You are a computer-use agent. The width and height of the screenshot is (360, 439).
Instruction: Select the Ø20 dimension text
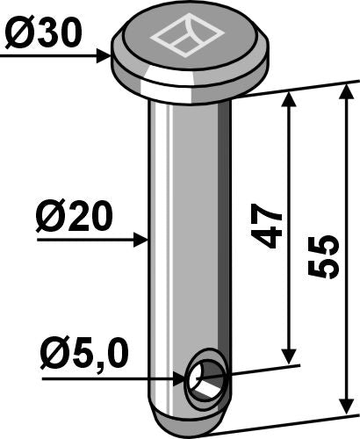pos(75,217)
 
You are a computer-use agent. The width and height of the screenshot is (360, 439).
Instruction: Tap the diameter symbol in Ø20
pos(50,217)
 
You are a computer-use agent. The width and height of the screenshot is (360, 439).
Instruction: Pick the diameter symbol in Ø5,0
pos(54,357)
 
